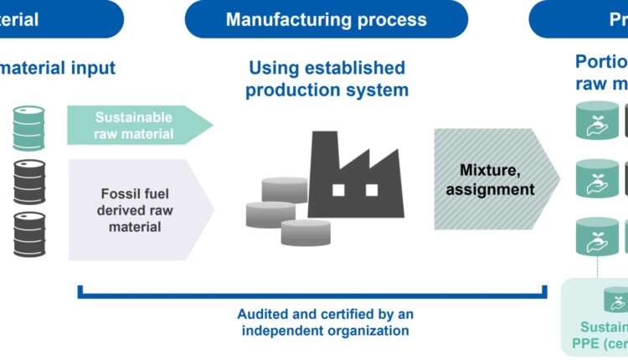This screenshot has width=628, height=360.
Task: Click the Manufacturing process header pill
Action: tap(326, 19)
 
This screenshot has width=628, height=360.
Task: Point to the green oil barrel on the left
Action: tap(28, 127)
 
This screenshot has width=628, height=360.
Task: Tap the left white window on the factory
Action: tap(338, 189)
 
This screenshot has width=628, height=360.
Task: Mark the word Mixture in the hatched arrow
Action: tap(489, 171)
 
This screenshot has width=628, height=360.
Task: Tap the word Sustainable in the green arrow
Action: tap(134, 117)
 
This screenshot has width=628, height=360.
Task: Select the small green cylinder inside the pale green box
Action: tap(617, 299)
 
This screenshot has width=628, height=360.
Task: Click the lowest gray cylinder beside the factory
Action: tap(306, 232)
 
